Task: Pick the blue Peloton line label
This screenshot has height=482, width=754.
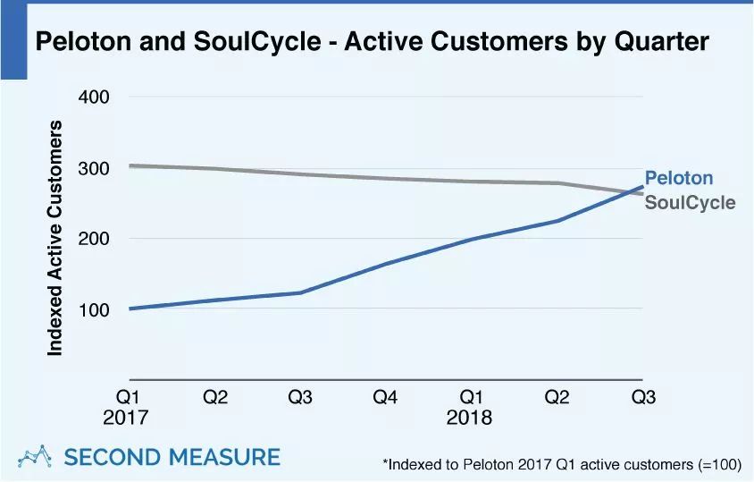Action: click(679, 178)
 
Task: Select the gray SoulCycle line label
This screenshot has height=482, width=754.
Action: click(690, 203)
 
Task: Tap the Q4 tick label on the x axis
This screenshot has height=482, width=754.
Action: click(386, 397)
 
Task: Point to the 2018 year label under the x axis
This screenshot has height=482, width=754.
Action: click(470, 418)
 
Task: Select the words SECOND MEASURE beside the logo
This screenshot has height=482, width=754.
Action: click(172, 457)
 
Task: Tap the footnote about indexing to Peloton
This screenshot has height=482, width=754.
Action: click(561, 464)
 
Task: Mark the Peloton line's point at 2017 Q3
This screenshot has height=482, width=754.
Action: click(301, 292)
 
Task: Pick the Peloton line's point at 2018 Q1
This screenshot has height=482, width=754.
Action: click(472, 239)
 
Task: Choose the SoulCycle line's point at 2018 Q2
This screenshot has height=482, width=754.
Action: click(557, 183)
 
